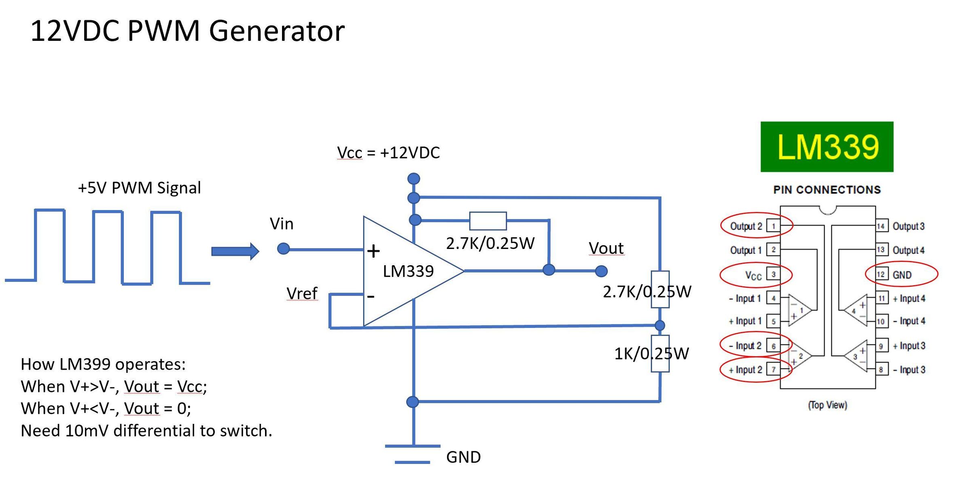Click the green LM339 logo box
827,147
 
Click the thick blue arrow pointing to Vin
235,251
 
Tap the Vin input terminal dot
283,249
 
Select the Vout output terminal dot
601,271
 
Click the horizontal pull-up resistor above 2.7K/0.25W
488,221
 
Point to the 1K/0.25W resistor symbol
660,353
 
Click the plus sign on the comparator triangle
373,251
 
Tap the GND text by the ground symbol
463,457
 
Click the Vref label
302,293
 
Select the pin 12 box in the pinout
880,274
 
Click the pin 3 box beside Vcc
773,274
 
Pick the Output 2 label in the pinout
746,226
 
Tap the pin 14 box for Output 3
881,226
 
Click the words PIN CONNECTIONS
827,190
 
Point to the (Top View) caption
827,405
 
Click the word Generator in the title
277,31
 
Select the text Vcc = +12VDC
388,153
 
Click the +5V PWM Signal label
139,188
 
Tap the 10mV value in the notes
87,431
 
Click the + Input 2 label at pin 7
745,370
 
